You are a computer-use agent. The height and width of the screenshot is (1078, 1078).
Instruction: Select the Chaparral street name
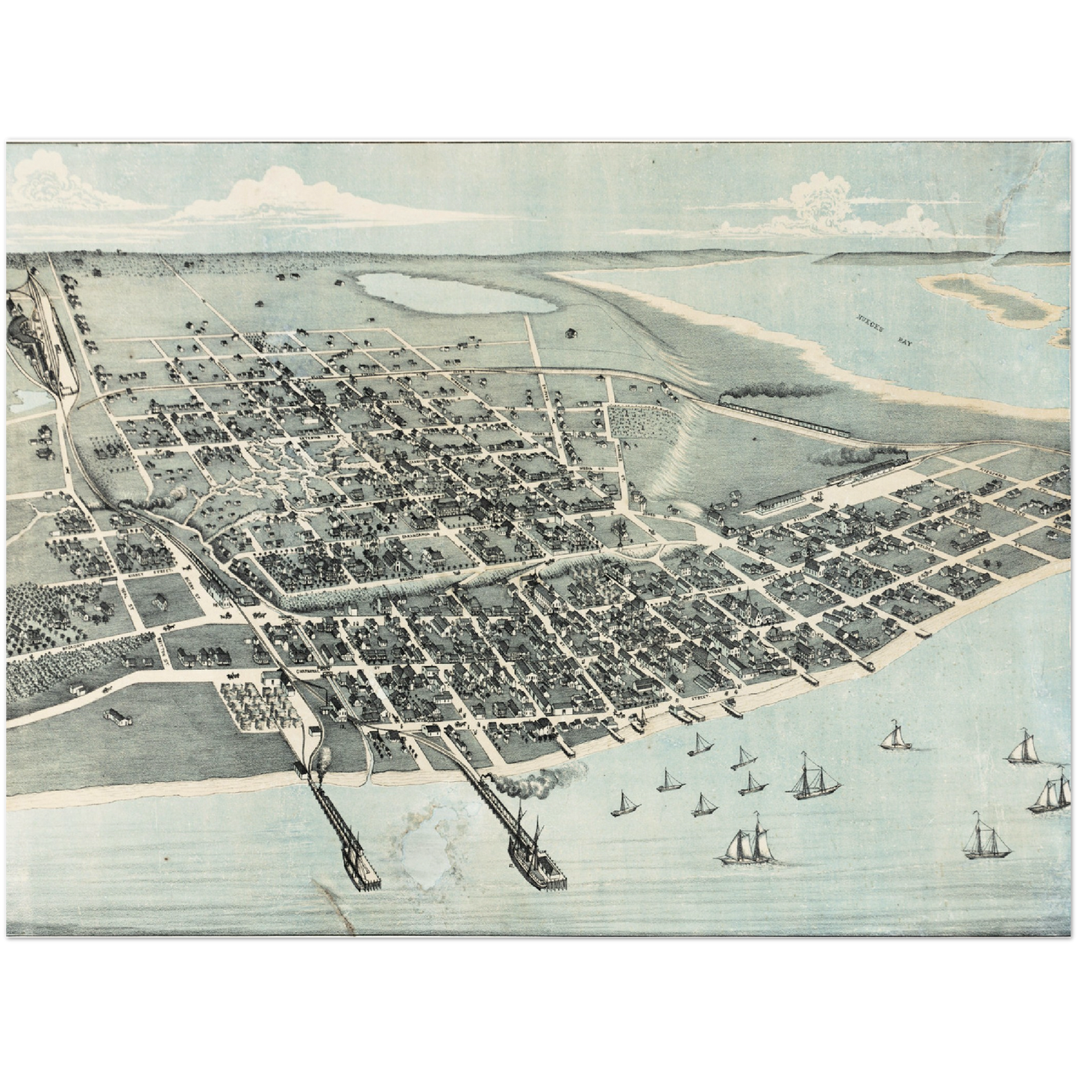[308, 671]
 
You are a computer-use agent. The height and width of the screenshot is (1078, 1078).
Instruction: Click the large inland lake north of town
[455, 293]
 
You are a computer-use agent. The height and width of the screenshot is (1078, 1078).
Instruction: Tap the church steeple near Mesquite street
[746, 597]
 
